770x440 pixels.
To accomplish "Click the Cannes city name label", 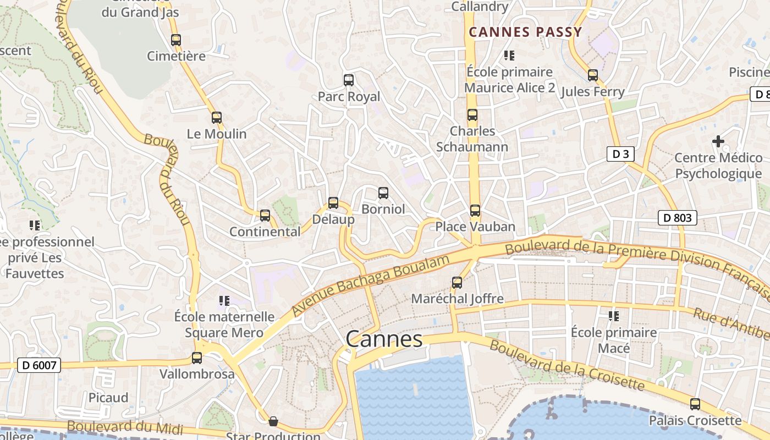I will click(384, 339).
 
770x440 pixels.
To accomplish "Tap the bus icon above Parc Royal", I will click(349, 80).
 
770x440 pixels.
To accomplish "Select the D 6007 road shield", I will click(38, 365).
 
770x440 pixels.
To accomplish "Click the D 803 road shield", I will click(678, 218).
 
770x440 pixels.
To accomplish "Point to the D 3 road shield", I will click(620, 154).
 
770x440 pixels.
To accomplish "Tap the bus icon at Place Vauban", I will click(475, 210).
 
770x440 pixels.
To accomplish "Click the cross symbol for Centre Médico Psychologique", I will click(718, 141).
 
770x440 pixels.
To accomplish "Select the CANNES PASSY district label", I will click(525, 32).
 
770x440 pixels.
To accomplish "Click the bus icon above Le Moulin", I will click(217, 117).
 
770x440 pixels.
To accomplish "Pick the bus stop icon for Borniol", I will click(383, 193).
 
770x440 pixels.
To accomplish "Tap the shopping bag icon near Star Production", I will click(273, 422).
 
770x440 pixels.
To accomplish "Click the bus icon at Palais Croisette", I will click(695, 404).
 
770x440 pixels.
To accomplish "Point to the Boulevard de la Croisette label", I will click(566, 365).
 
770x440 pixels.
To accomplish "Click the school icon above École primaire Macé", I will click(614, 316).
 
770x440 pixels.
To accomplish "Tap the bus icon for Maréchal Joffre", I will click(457, 283).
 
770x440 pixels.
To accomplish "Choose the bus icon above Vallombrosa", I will click(197, 358).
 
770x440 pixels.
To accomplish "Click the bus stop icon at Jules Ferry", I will click(593, 75).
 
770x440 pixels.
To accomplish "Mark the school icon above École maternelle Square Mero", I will click(224, 300).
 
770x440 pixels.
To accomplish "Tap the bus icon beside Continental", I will click(265, 216).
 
